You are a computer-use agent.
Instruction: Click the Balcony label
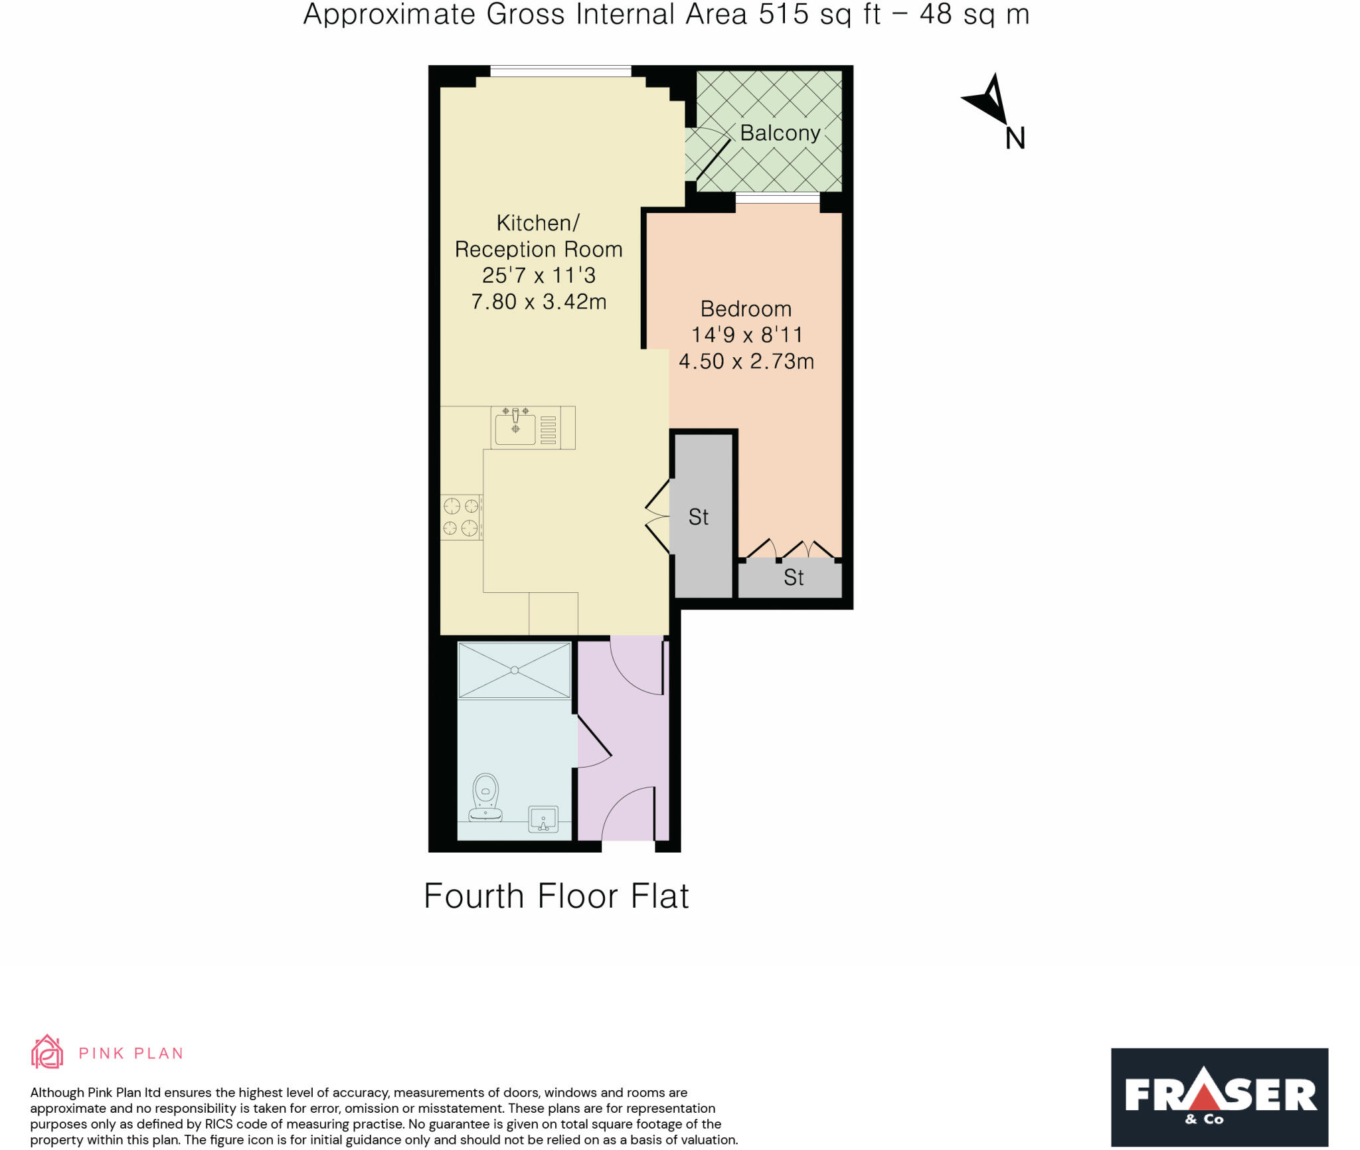(780, 133)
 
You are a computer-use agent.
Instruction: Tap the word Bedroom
(746, 309)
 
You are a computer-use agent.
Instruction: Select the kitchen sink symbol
(515, 428)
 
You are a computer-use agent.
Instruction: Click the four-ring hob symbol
(461, 517)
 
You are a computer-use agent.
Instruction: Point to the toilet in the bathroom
(485, 797)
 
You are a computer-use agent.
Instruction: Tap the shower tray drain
(515, 670)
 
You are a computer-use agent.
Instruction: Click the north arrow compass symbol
(987, 100)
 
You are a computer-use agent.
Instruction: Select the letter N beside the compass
(1015, 138)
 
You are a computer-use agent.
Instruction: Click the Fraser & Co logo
(1219, 1097)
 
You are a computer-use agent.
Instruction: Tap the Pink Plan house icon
(47, 1052)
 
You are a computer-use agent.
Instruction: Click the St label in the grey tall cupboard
(698, 517)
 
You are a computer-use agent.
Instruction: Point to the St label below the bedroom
(794, 577)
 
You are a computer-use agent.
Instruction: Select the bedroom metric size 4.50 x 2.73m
(746, 361)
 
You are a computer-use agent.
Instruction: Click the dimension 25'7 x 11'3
(539, 275)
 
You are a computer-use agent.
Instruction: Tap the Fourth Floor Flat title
(556, 896)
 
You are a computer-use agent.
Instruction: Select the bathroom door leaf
(594, 736)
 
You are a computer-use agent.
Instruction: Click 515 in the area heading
(784, 15)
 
